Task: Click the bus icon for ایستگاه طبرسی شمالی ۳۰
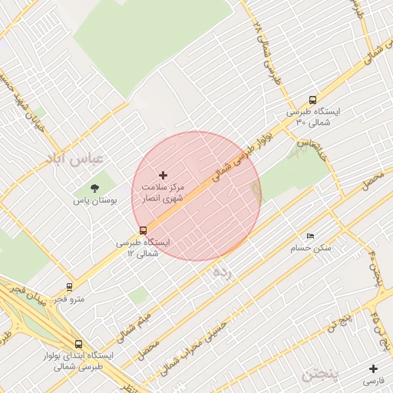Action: pos(312,100)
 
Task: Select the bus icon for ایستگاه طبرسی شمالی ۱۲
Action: pos(144,230)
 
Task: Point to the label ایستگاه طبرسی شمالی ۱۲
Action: pos(143,247)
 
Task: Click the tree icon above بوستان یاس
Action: pos(94,187)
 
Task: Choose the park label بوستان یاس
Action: pos(94,200)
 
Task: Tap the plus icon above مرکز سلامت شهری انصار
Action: pos(163,176)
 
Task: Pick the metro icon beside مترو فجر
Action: pos(70,286)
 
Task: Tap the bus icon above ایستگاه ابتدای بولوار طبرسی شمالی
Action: pos(78,345)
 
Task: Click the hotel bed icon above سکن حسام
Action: pos(310,236)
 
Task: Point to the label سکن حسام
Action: pos(310,248)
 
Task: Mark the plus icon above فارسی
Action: pos(374,368)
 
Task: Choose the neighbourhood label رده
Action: pos(222,271)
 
